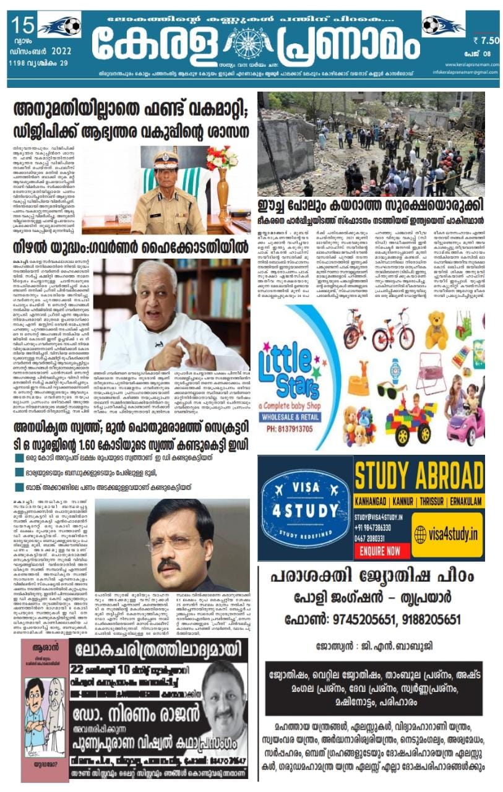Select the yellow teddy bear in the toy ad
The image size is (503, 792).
pyautogui.click(x=437, y=330)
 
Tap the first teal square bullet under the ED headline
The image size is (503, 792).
pyautogui.click(x=20, y=458)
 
